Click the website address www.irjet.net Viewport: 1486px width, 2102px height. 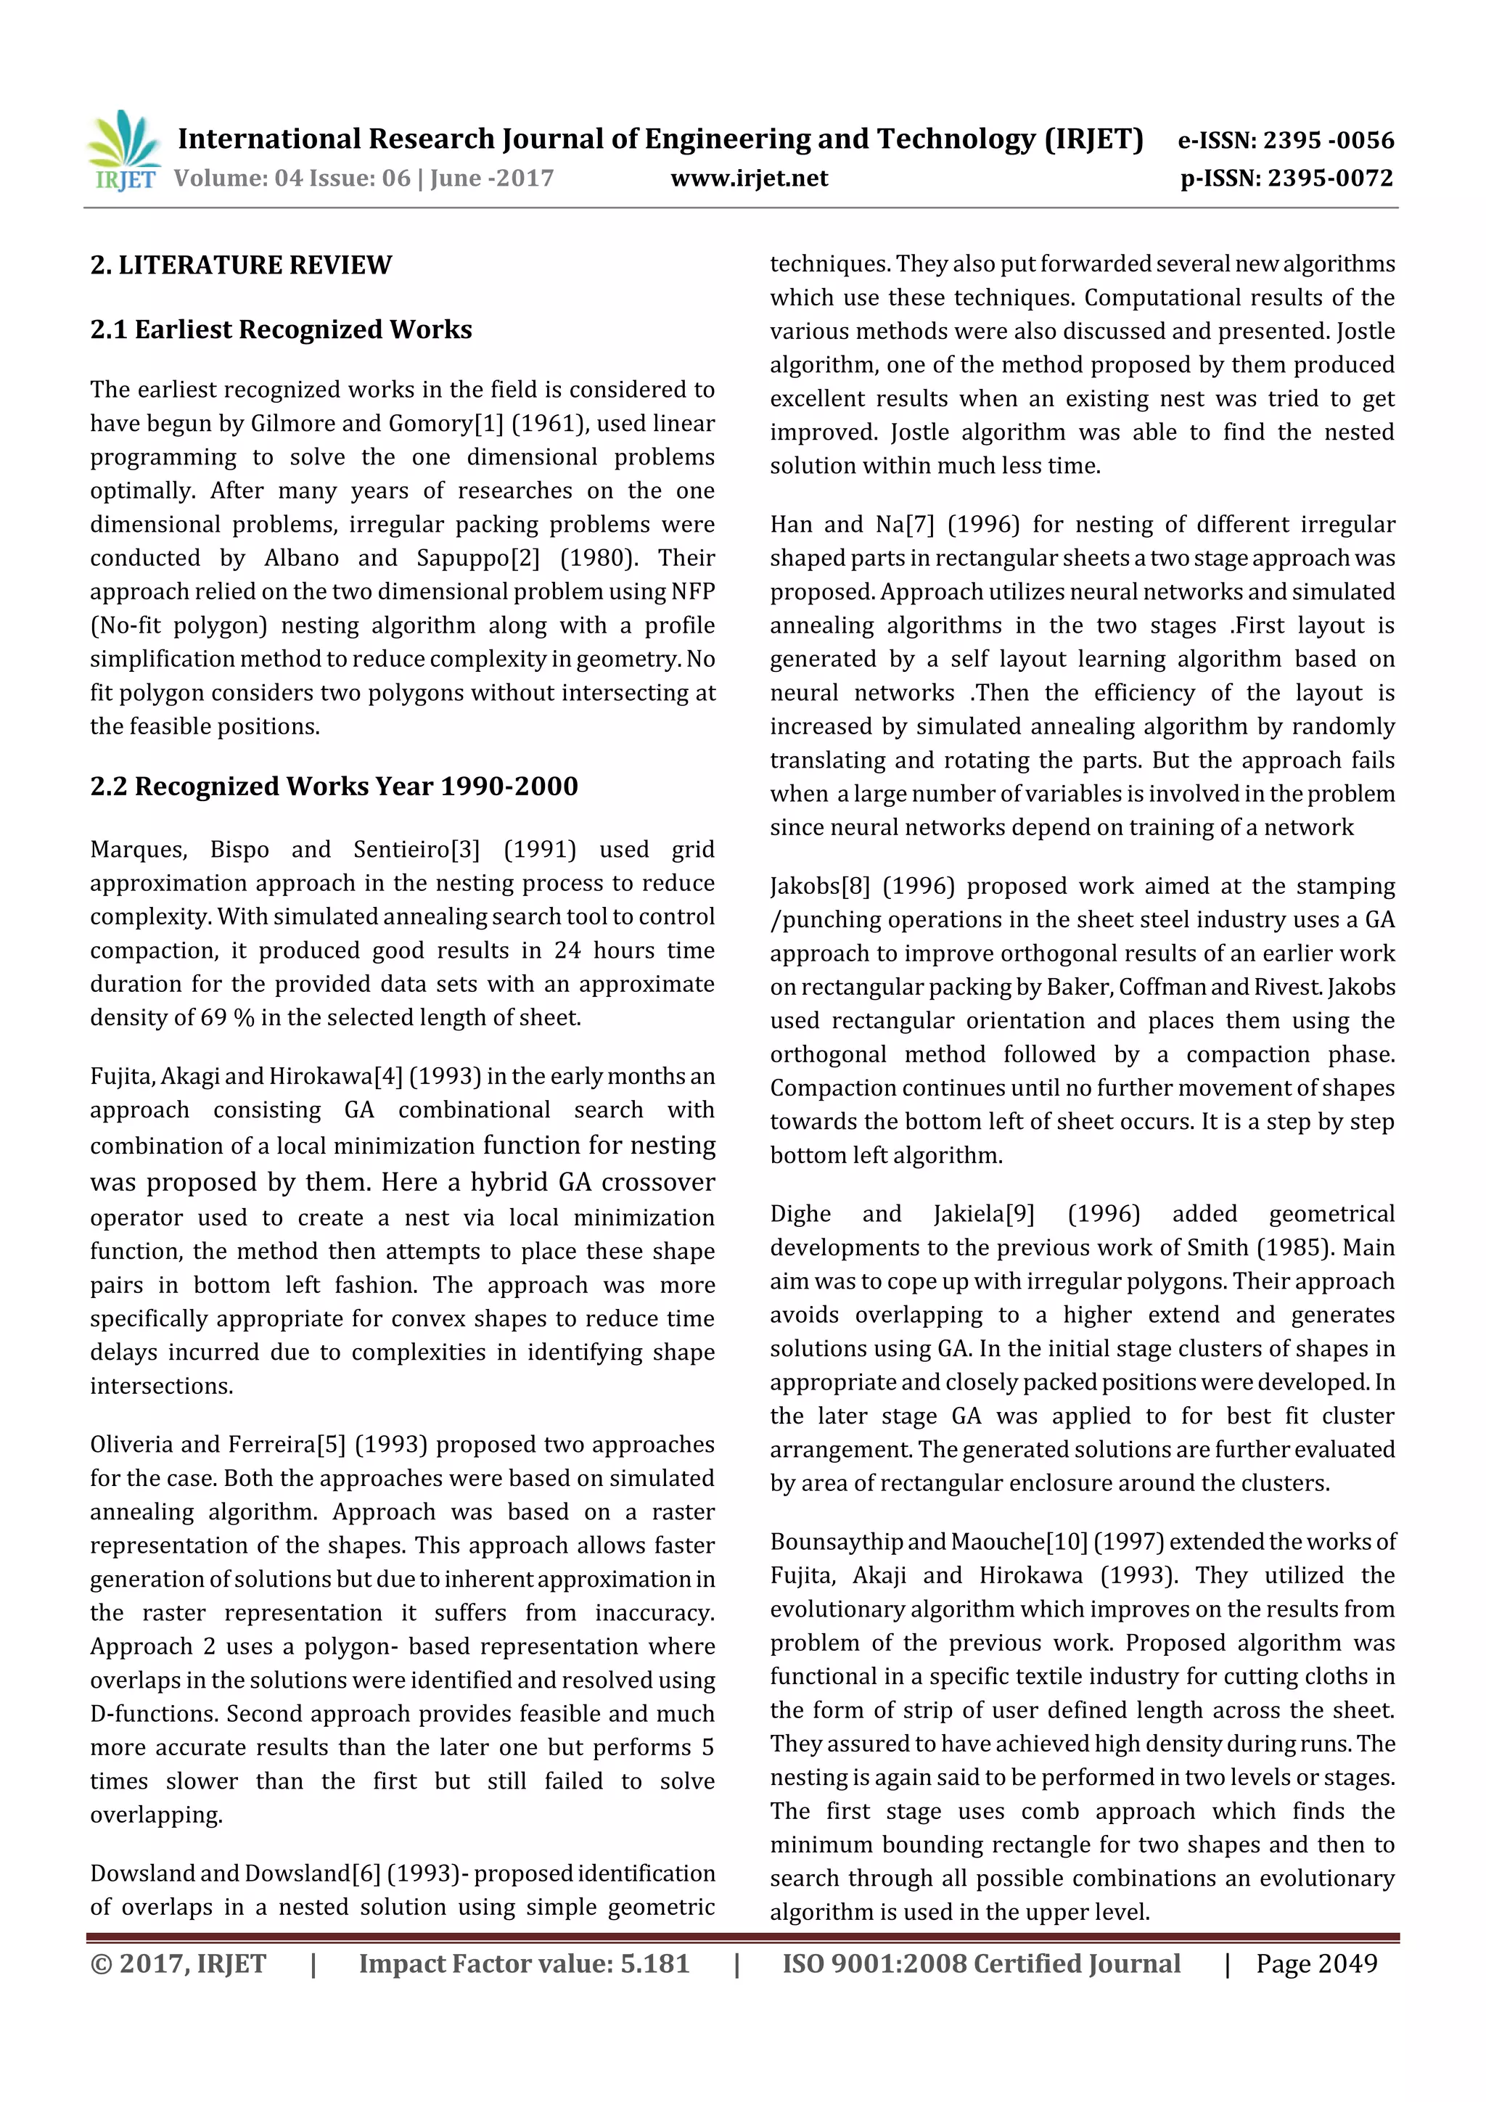click(748, 178)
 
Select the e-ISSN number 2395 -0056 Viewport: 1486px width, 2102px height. click(1328, 140)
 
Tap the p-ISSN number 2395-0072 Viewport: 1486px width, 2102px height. click(1330, 178)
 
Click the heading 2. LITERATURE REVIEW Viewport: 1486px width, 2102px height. click(241, 266)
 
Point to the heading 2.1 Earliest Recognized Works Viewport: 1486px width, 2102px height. click(281, 329)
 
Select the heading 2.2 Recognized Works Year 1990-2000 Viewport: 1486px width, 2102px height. click(334, 787)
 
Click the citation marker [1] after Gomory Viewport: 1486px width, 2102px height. click(490, 424)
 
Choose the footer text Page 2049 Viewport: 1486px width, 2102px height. click(1315, 1963)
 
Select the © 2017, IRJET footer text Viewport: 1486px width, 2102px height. click(178, 1963)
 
